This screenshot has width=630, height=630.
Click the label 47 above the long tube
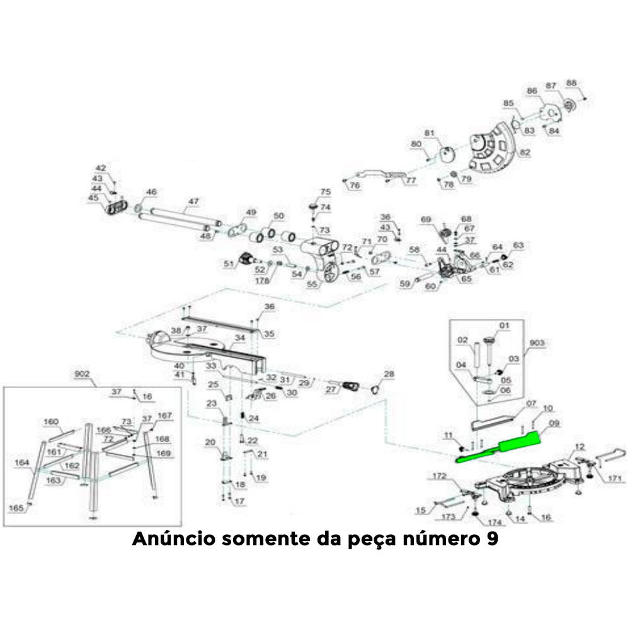point(193,201)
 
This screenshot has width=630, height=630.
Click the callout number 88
point(571,83)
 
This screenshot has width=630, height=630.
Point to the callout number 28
point(389,374)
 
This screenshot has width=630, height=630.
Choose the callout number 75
point(325,192)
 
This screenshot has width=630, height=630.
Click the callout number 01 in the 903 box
point(503,325)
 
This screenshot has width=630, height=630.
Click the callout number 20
point(210,442)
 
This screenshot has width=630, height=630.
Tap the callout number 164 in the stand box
point(23,463)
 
